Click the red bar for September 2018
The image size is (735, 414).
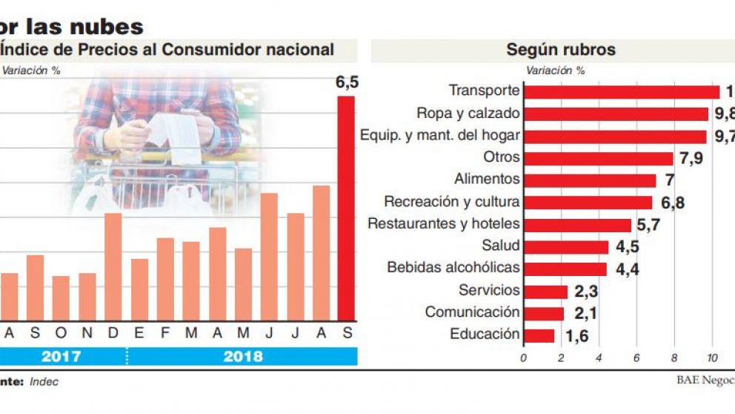[x=346, y=208]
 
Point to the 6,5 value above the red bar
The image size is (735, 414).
[x=347, y=82]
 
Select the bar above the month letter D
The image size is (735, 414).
[x=113, y=266]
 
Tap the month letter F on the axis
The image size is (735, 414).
[x=164, y=333]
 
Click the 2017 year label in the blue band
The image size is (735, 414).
[x=61, y=357]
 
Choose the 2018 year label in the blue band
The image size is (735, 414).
[x=242, y=357]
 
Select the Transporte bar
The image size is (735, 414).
[x=622, y=92]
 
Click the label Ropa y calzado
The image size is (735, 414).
[x=468, y=114]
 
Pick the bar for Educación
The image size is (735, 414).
[x=539, y=335]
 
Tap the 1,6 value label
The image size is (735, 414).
[x=577, y=336]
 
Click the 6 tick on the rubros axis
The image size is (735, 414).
[x=636, y=358]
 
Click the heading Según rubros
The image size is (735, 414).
[x=561, y=50]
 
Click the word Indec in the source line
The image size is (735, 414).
[x=44, y=382]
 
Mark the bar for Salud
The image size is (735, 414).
[x=566, y=247]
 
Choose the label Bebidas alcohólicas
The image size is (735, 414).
[x=453, y=268]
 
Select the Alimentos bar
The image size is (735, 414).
[x=590, y=180]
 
